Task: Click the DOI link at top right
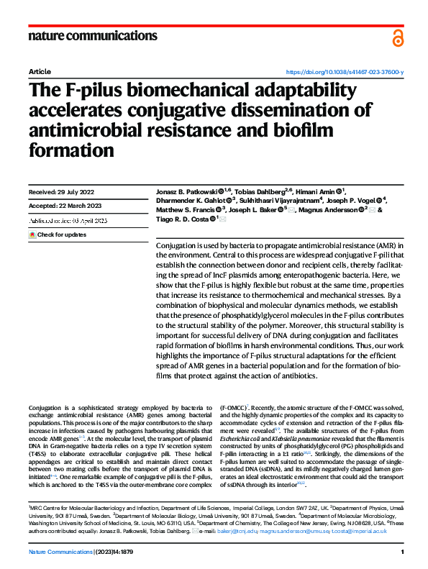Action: tap(345, 73)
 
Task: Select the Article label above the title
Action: tap(39, 73)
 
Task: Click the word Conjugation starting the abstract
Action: tap(180, 246)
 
